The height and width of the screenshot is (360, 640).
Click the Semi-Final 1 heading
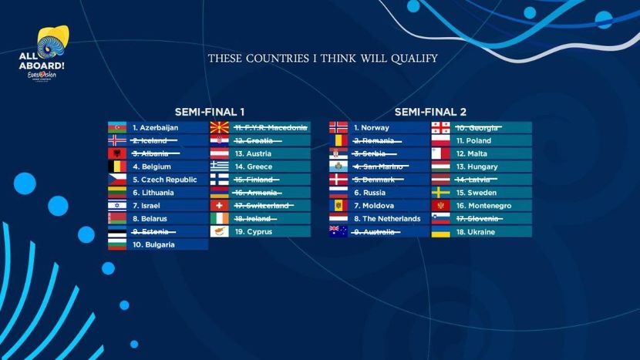[x=211, y=112]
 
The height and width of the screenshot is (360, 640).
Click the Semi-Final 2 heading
[x=430, y=112]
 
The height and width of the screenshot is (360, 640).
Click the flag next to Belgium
[x=117, y=167]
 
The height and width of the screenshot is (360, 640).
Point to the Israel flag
[x=117, y=206]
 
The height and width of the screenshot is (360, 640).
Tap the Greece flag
[x=220, y=167]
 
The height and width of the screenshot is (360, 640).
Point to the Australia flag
[x=339, y=231]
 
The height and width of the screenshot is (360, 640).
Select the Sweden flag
[x=440, y=193]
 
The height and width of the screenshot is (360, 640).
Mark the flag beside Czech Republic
[x=117, y=180]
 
